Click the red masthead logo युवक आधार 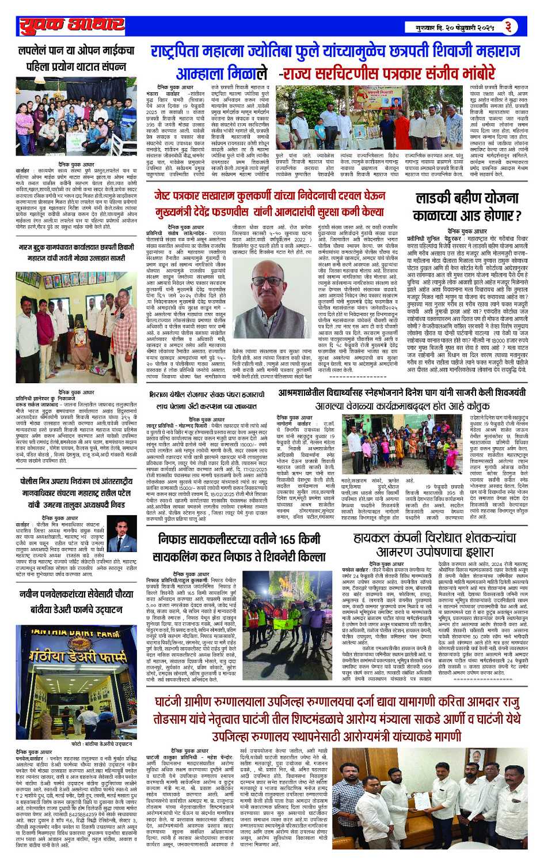(72, 26)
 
